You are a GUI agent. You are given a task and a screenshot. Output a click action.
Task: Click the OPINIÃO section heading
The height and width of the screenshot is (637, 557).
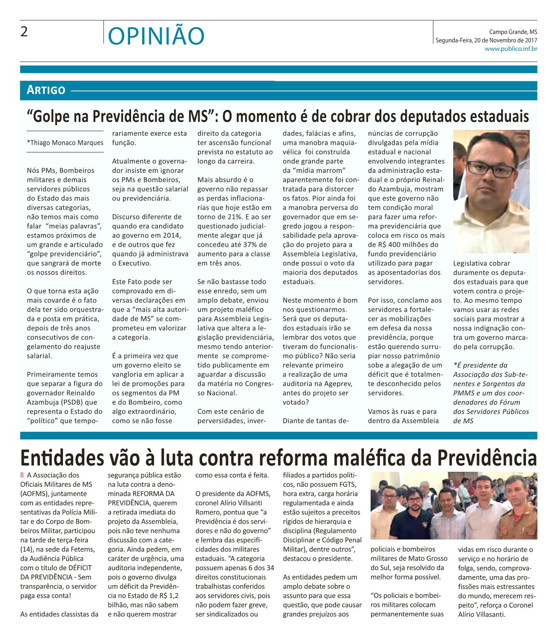pyautogui.click(x=156, y=36)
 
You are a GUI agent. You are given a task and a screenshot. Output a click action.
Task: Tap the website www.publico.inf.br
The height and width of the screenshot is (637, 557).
pyautogui.click(x=511, y=49)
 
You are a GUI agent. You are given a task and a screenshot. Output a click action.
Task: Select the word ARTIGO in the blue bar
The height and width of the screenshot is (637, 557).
pyautogui.click(x=46, y=90)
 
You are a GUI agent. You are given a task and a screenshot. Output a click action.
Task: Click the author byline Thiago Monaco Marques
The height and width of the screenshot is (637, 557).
pyautogui.click(x=65, y=143)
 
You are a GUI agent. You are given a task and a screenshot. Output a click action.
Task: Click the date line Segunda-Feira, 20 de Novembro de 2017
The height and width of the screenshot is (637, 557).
pyautogui.click(x=486, y=40)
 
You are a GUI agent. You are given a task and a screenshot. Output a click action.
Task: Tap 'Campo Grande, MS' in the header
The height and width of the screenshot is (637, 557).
pyautogui.click(x=513, y=32)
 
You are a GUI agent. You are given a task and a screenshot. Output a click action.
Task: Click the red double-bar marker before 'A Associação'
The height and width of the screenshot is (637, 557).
pyautogui.click(x=22, y=475)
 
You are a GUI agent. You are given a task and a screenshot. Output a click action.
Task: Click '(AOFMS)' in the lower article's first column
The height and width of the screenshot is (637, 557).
pyautogui.click(x=36, y=494)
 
